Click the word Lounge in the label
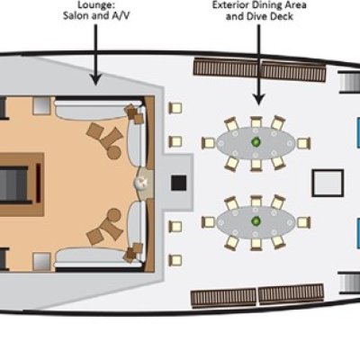pyautogui.click(x=96, y=5)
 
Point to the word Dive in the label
pyautogui.click(x=258, y=16)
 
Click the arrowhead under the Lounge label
pyautogui.click(x=95, y=78)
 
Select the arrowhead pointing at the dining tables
pyautogui.click(x=258, y=98)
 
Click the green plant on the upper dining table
pyautogui.click(x=256, y=142)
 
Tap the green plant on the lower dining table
pyautogui.click(x=256, y=221)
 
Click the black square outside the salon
pyautogui.click(x=179, y=183)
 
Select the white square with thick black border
pyautogui.click(x=328, y=183)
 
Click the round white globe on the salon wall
pyautogui.click(x=141, y=182)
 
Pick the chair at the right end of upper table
pyautogui.click(x=303, y=143)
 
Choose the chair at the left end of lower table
pyautogui.click(x=208, y=222)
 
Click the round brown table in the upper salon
pyautogui.click(x=114, y=152)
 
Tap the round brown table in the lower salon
pyautogui.click(x=114, y=215)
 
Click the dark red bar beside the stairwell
pyautogui.click(x=38, y=183)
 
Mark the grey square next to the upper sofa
pyautogui.click(x=41, y=105)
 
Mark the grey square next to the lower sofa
pyautogui.click(x=41, y=261)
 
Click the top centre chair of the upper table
pyautogui.click(x=256, y=122)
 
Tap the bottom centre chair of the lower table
pyautogui.click(x=256, y=244)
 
